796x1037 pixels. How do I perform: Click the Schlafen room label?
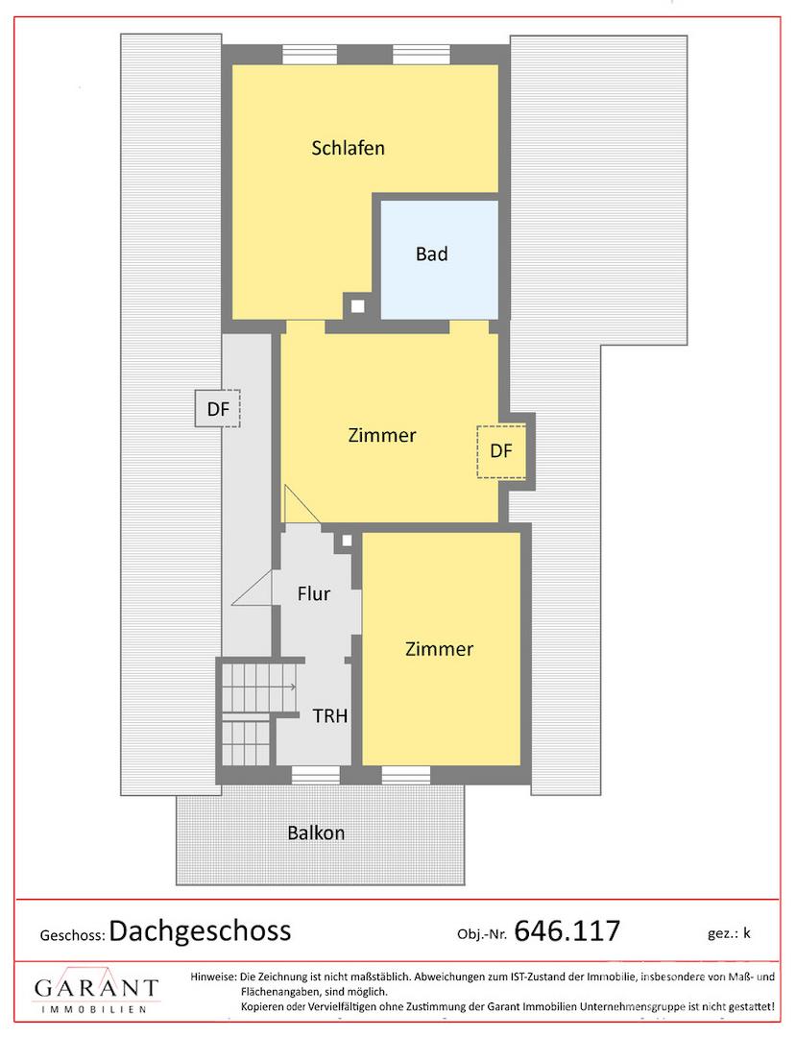[x=348, y=148]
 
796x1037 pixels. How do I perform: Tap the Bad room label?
[x=432, y=253]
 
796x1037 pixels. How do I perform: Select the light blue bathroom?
[x=439, y=259]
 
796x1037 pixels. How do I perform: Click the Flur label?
[x=313, y=593]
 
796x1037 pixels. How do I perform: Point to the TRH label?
[x=330, y=715]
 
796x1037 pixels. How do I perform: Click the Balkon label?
[x=316, y=832]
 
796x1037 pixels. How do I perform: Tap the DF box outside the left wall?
[x=218, y=409]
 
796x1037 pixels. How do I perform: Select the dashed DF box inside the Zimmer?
[x=501, y=451]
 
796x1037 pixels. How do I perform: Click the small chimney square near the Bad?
[x=357, y=306]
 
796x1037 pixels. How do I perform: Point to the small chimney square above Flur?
[x=347, y=541]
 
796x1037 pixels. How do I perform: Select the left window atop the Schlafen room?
[x=310, y=54]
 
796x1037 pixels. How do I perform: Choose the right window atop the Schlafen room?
[x=422, y=54]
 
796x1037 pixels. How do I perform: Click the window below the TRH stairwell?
[x=316, y=775]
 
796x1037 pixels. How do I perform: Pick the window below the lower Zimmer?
[x=406, y=775]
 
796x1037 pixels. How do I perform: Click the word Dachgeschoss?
[x=201, y=931]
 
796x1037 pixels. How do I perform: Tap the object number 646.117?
[x=567, y=931]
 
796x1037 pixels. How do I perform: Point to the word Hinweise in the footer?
[x=213, y=977]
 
